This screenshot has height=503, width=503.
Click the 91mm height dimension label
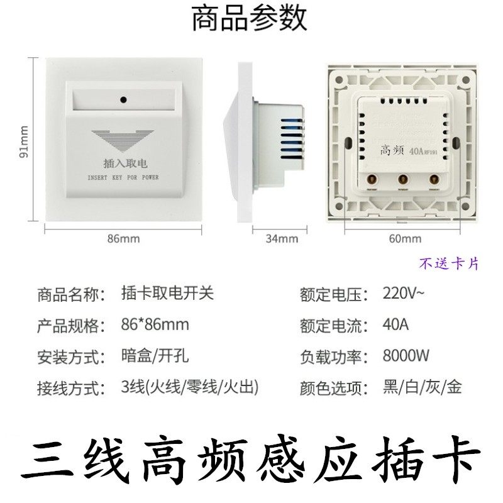(x=25, y=141)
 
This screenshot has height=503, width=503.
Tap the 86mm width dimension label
(x=124, y=238)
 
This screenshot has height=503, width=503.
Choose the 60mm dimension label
(x=406, y=238)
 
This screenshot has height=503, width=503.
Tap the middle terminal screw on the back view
(x=401, y=179)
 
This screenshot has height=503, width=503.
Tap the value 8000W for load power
(x=406, y=357)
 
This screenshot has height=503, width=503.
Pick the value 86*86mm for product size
(x=155, y=326)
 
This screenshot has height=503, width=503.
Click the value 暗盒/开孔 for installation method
(x=155, y=357)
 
